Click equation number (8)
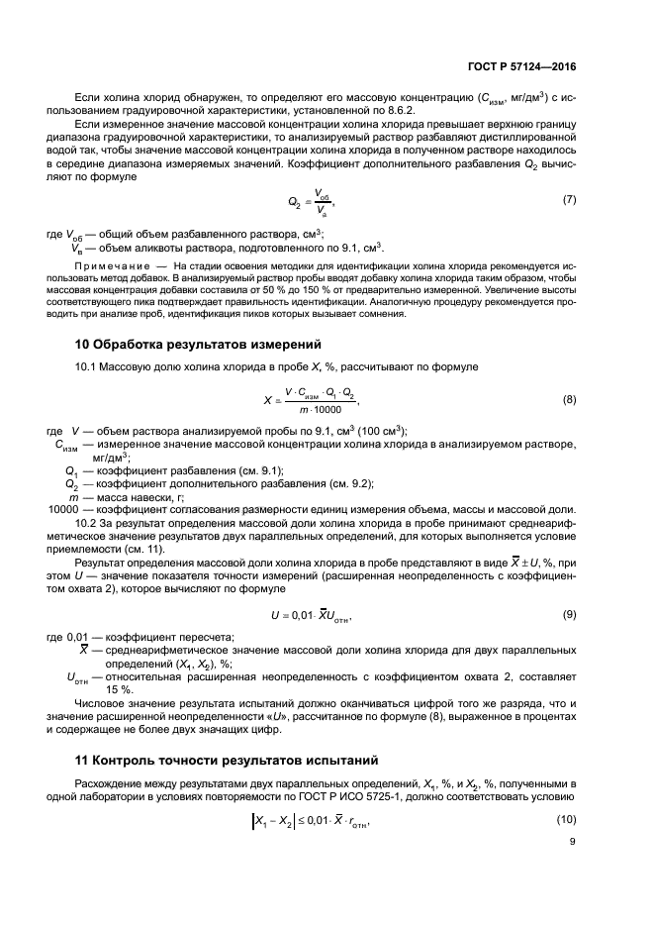[569, 372]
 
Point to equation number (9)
[569, 614]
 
